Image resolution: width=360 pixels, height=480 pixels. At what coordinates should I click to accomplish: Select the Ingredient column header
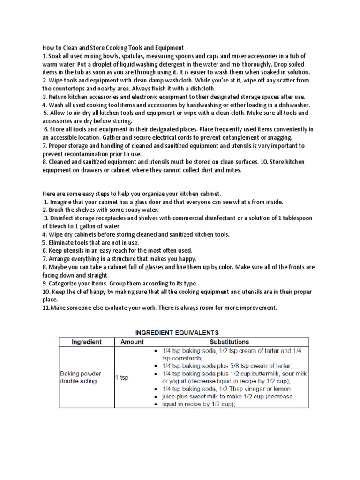pyautogui.click(x=86, y=342)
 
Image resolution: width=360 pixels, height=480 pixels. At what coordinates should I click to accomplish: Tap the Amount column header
pyautogui.click(x=132, y=342)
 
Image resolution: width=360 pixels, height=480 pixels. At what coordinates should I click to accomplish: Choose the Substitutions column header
pyautogui.click(x=229, y=342)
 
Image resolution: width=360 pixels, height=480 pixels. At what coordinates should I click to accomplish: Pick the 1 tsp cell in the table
pyautogui.click(x=122, y=377)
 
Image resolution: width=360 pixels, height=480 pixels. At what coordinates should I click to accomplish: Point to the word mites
pyautogui.click(x=232, y=170)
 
